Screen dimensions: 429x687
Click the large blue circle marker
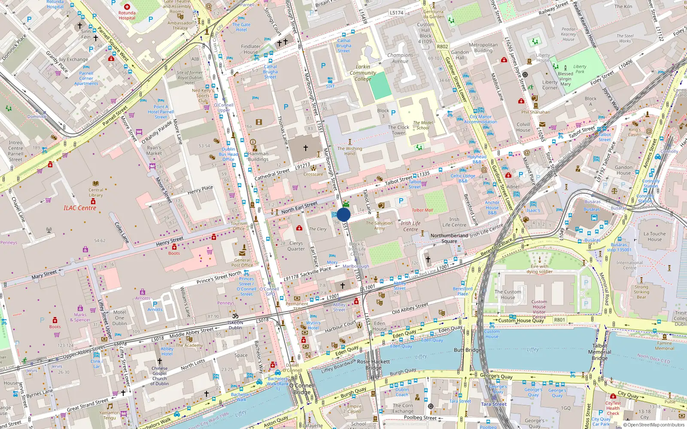click(x=343, y=214)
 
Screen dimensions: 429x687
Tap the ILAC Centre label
click(x=80, y=208)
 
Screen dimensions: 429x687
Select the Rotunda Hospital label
click(x=127, y=15)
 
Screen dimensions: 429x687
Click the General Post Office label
click(x=242, y=263)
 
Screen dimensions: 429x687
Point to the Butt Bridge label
click(x=468, y=350)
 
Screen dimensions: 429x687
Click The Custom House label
click(x=508, y=295)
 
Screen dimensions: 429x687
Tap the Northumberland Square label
click(x=449, y=239)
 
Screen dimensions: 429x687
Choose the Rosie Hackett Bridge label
click(x=374, y=365)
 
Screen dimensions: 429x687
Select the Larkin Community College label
click(x=363, y=73)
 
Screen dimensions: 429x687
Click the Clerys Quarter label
click(x=296, y=246)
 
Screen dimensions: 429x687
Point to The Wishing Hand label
click(x=350, y=151)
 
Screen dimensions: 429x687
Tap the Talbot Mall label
click(x=423, y=210)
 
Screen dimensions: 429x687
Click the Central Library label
click(x=96, y=192)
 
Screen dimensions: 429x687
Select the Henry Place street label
click(x=200, y=190)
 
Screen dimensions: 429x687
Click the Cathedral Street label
click(x=272, y=175)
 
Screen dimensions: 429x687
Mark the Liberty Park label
click(x=580, y=69)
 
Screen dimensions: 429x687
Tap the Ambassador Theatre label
click(x=180, y=26)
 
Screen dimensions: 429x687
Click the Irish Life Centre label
click(x=410, y=226)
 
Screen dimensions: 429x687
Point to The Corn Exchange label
click(x=403, y=408)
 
